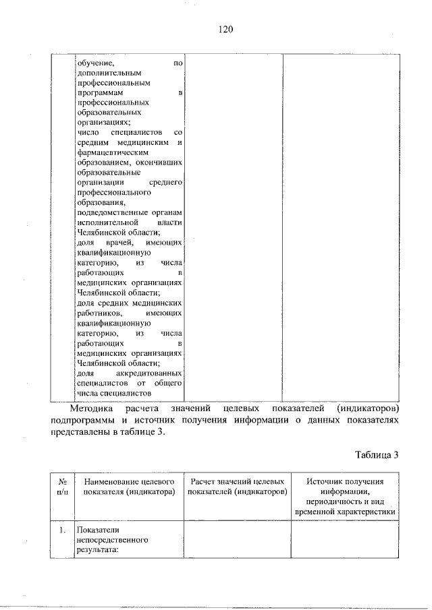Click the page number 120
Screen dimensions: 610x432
click(x=225, y=29)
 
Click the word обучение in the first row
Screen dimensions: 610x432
click(x=94, y=63)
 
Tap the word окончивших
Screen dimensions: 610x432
click(x=161, y=163)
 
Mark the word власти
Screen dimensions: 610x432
click(x=170, y=222)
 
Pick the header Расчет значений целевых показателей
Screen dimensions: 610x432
click(x=236, y=487)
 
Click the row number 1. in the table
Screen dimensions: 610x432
click(x=61, y=530)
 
